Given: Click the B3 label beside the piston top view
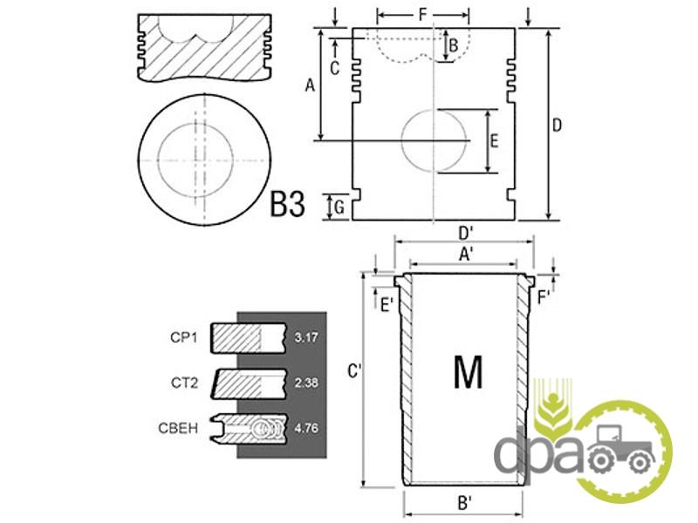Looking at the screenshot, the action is pos(288,204).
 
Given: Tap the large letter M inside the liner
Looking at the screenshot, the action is pos(468,372).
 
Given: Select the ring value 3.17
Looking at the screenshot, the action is pos(306,337).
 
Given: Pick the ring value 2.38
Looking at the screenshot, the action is pos(306,383).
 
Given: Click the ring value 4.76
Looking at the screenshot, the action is pos(306,428).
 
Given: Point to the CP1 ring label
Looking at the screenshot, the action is pos(183,337).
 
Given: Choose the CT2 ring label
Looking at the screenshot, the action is pos(184,383).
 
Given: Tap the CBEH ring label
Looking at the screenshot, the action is pos(178,428).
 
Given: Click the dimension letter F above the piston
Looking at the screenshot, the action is pos(423,15).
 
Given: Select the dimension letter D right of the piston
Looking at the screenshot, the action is pos(557,126).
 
